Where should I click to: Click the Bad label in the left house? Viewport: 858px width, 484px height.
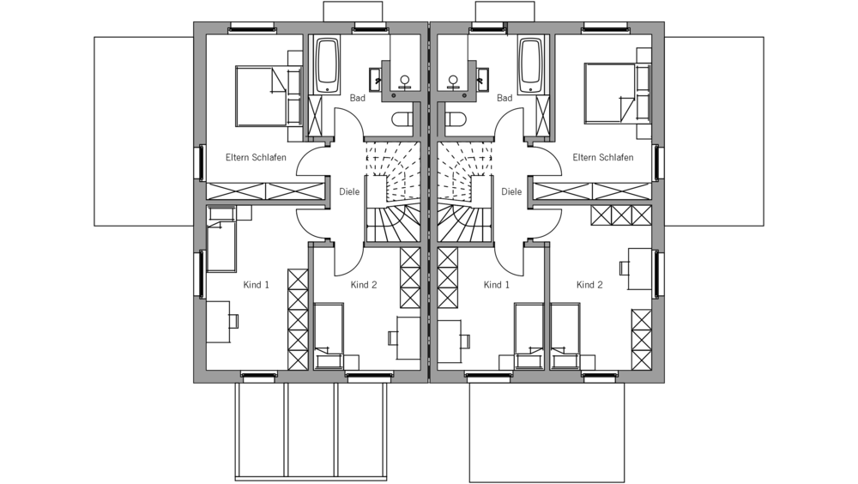pyautogui.click(x=357, y=99)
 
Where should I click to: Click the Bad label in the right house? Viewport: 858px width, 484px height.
pyautogui.click(x=505, y=99)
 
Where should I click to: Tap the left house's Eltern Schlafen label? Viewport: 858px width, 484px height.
pyautogui.click(x=256, y=158)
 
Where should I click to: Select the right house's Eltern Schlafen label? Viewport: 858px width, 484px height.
pyautogui.click(x=603, y=158)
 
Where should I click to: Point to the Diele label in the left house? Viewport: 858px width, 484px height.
pyautogui.click(x=349, y=192)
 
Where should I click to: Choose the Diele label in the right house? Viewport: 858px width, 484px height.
pyautogui.click(x=511, y=192)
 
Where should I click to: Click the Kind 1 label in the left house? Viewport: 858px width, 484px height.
pyautogui.click(x=257, y=285)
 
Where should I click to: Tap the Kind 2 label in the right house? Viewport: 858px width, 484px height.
pyautogui.click(x=589, y=285)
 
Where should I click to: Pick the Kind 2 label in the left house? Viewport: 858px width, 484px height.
pyautogui.click(x=364, y=285)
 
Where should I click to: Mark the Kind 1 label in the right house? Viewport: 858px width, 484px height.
pyautogui.click(x=497, y=285)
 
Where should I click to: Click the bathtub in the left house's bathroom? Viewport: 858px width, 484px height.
pyautogui.click(x=328, y=65)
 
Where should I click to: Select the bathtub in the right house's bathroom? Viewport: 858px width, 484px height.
pyautogui.click(x=531, y=65)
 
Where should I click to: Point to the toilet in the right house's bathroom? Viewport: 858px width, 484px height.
pyautogui.click(x=455, y=118)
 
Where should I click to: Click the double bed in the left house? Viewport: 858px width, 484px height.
pyautogui.click(x=263, y=94)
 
